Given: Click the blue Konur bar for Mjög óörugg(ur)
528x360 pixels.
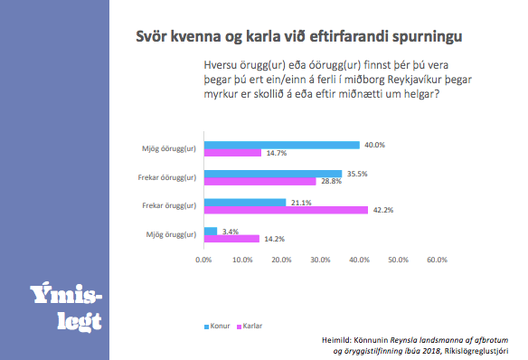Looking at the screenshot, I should [282, 145].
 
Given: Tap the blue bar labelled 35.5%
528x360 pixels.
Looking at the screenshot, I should [273, 174].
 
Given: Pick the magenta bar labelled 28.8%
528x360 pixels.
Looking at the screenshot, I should [260, 182].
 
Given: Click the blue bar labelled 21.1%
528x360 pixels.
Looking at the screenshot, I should [245, 203].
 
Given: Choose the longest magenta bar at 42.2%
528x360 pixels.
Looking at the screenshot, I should [286, 211].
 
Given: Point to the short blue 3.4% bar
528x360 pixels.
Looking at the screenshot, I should [211, 232].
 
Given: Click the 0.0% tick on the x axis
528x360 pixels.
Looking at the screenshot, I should [204, 261].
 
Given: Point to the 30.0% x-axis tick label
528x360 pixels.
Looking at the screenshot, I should [321, 261].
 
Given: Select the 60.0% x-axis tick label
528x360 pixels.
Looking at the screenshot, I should [437, 261].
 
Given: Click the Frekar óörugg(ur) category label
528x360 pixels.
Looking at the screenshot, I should [165, 177].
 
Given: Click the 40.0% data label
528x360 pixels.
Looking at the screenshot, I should [374, 145].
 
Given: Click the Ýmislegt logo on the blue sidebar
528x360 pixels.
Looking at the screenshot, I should [66, 308].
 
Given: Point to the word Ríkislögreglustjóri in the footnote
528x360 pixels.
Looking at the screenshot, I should [476, 350].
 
